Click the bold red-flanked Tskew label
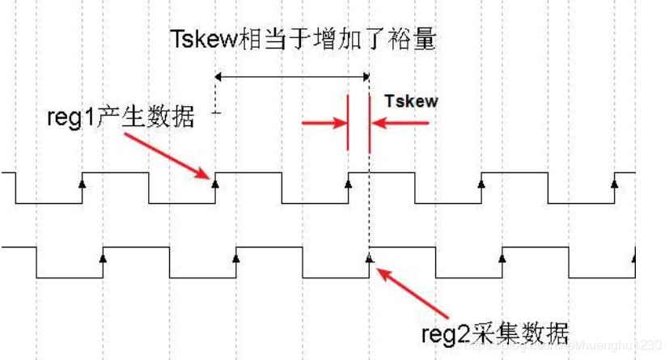point(411,102)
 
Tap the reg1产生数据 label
point(121,118)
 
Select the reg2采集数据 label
point(496,332)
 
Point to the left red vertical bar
point(348,123)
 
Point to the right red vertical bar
point(369,123)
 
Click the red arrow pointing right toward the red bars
point(324,123)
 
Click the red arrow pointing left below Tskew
point(401,123)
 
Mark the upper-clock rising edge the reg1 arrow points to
point(215,182)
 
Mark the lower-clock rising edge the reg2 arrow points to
point(369,258)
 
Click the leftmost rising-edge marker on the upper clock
point(82,182)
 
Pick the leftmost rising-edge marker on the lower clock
point(103,258)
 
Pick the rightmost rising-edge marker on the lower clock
point(634,258)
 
